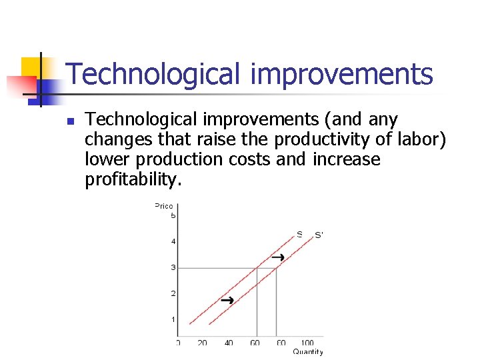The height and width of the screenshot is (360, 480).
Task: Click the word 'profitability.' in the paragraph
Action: point(132,180)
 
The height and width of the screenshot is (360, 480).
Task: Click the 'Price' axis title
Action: point(164,206)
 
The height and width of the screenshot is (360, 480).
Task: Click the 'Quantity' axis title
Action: point(308,351)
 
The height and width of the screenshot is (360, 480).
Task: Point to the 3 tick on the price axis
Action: point(173,267)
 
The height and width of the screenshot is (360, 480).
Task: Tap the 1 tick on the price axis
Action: point(173,319)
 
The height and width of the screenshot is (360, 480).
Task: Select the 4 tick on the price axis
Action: point(173,241)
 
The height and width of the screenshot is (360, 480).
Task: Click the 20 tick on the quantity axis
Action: point(203,343)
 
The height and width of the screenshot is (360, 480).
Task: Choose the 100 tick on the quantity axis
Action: point(307,343)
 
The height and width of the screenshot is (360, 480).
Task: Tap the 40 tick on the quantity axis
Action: point(229,343)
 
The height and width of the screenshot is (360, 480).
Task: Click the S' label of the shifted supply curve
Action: point(319,235)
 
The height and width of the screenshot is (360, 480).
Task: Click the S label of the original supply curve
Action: point(299,234)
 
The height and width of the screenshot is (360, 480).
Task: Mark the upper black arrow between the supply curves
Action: point(279,257)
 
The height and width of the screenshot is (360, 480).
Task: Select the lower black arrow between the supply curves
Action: point(227,300)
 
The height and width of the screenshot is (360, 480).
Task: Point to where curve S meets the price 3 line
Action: point(257,267)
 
